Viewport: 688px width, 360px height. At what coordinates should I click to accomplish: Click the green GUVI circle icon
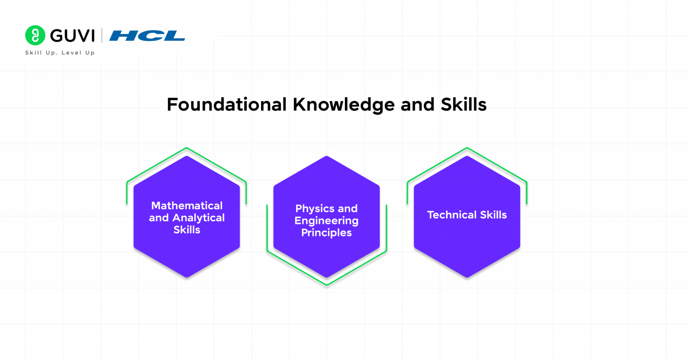35,35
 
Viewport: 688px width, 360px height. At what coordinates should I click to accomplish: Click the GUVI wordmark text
72,36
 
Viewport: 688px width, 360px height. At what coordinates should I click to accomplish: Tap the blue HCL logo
147,36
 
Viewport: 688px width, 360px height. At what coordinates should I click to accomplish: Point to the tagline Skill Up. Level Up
60,53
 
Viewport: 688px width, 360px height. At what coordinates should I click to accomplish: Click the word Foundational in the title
226,105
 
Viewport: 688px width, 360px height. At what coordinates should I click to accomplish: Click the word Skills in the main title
464,105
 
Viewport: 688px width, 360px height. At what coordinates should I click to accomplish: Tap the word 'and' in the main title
417,105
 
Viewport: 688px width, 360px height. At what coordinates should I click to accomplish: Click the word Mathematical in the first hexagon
187,206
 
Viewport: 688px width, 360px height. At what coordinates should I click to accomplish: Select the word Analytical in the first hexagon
198,218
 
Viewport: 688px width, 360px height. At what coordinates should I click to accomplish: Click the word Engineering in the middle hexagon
327,221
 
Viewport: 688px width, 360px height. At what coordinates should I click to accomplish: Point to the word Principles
327,233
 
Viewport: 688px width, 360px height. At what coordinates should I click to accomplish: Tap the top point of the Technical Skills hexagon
467,157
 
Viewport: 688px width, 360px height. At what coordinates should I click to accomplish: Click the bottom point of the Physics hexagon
327,276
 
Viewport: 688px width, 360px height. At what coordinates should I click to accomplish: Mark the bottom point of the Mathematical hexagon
187,276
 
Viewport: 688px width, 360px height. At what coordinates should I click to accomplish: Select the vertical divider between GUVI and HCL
102,35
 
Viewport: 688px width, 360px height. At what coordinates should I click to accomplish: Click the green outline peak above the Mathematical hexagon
187,148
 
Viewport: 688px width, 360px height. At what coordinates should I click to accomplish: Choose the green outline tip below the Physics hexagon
327,284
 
